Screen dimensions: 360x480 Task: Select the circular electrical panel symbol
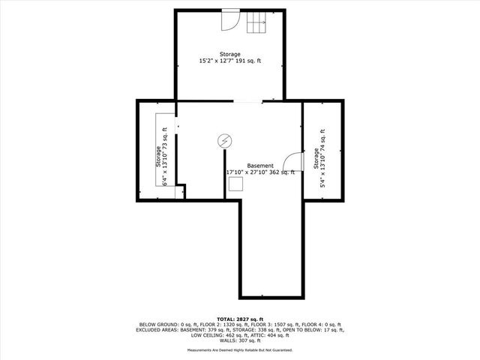[x=223, y=140]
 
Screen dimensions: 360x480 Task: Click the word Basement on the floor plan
[x=260, y=166]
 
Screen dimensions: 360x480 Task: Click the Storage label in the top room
[x=230, y=53]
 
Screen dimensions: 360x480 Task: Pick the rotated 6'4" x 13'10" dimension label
[x=166, y=157]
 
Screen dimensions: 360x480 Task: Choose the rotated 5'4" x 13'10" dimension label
[x=323, y=157]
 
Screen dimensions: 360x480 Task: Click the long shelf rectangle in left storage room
[x=160, y=150]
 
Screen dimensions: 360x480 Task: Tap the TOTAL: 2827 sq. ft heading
[x=240, y=319]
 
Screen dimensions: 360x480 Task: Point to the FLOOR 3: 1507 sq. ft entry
[x=274, y=324]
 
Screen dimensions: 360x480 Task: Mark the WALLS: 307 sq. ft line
[x=240, y=340]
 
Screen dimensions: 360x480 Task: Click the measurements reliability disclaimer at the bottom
[x=240, y=350]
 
